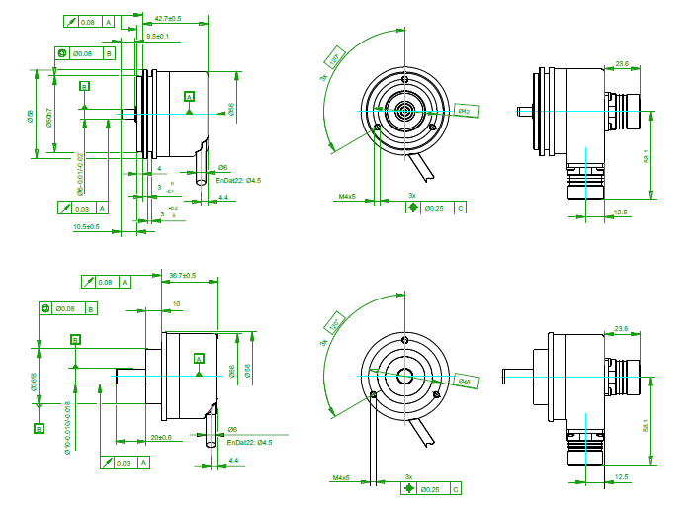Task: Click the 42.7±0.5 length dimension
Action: click(x=169, y=18)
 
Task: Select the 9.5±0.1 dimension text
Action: click(x=157, y=37)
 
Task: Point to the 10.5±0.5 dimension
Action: click(x=86, y=227)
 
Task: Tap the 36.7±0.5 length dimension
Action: click(x=183, y=275)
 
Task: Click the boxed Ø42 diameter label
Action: click(x=465, y=112)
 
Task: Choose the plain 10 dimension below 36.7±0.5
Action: click(x=176, y=304)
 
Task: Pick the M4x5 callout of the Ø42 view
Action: click(x=346, y=197)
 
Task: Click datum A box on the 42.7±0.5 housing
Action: click(x=189, y=96)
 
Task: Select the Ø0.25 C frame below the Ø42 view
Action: click(x=437, y=209)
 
